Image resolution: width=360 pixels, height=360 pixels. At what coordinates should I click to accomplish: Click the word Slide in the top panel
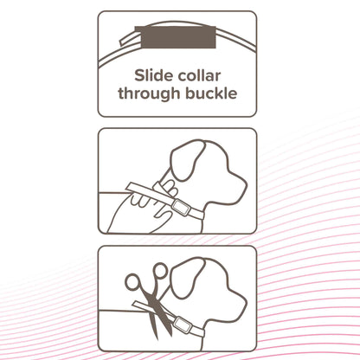coord(153,76)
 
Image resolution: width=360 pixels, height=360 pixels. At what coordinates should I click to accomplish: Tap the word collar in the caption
coord(199,76)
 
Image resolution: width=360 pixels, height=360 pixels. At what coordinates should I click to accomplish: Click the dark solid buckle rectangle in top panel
coord(176,37)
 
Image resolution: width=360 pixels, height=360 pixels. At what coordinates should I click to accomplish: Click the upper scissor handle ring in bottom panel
coord(159,272)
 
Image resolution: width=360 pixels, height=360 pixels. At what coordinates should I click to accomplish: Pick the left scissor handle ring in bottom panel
coord(132,281)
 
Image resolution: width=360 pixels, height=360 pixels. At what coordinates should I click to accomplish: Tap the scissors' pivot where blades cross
coord(157,305)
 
